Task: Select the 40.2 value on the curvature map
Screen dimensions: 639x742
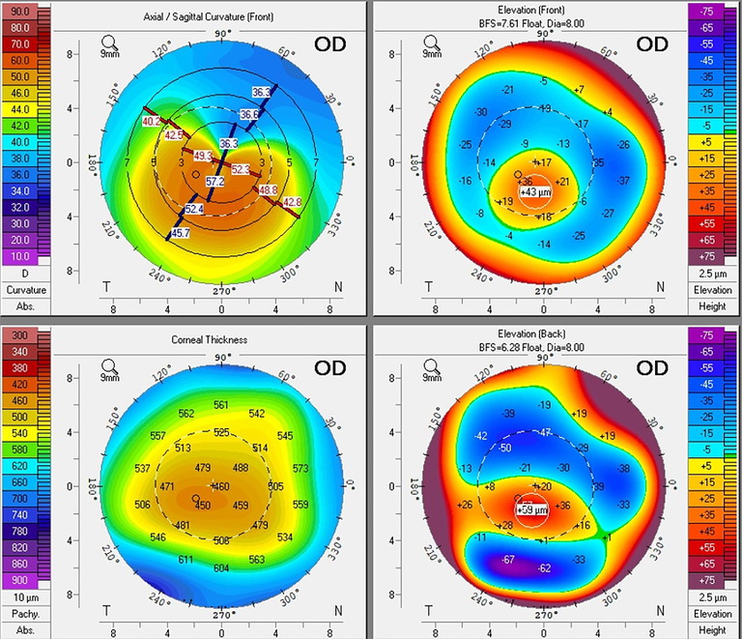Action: (x=152, y=121)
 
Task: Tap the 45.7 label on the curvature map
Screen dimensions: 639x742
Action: (x=181, y=233)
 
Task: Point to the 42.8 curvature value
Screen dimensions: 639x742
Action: (x=292, y=201)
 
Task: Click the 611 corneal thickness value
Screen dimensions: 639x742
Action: (x=186, y=560)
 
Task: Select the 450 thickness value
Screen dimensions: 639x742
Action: (x=203, y=505)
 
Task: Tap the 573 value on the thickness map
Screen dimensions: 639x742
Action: (x=300, y=468)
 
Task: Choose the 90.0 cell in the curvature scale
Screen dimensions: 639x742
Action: (x=18, y=10)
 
